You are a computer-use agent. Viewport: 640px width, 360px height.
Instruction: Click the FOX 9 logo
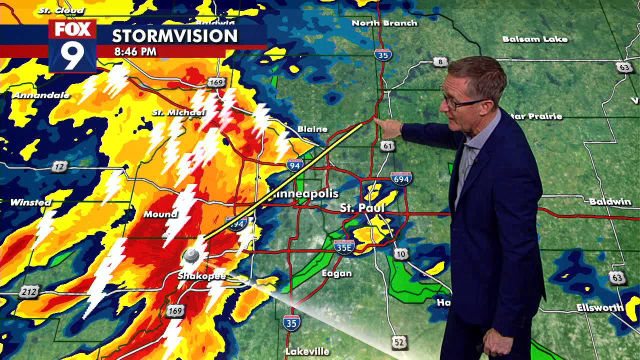72,46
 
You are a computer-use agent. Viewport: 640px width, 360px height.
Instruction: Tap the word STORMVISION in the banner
174,36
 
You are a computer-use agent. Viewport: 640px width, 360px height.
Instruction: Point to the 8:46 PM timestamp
135,51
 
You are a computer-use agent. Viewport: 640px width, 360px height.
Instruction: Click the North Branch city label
384,23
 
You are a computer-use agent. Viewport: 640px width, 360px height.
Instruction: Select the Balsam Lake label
534,39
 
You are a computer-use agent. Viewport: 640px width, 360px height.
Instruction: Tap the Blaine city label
312,129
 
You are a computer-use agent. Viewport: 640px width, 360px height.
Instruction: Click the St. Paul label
362,207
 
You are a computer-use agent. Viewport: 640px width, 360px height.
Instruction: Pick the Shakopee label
202,276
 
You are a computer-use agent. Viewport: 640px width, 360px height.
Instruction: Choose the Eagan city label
336,273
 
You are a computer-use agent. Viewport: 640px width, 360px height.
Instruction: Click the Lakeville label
307,351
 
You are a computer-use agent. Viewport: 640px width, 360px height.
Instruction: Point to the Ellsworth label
600,307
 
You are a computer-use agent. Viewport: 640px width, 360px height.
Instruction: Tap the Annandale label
41,95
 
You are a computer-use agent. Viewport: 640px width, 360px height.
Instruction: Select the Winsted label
30,202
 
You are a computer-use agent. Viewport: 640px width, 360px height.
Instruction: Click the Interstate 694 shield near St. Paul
401,178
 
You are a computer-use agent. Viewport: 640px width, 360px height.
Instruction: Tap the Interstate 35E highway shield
344,246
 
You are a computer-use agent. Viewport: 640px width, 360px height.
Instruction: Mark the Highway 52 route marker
398,342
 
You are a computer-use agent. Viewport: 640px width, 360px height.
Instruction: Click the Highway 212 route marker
28,292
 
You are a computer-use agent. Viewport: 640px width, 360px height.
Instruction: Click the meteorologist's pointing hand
388,127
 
